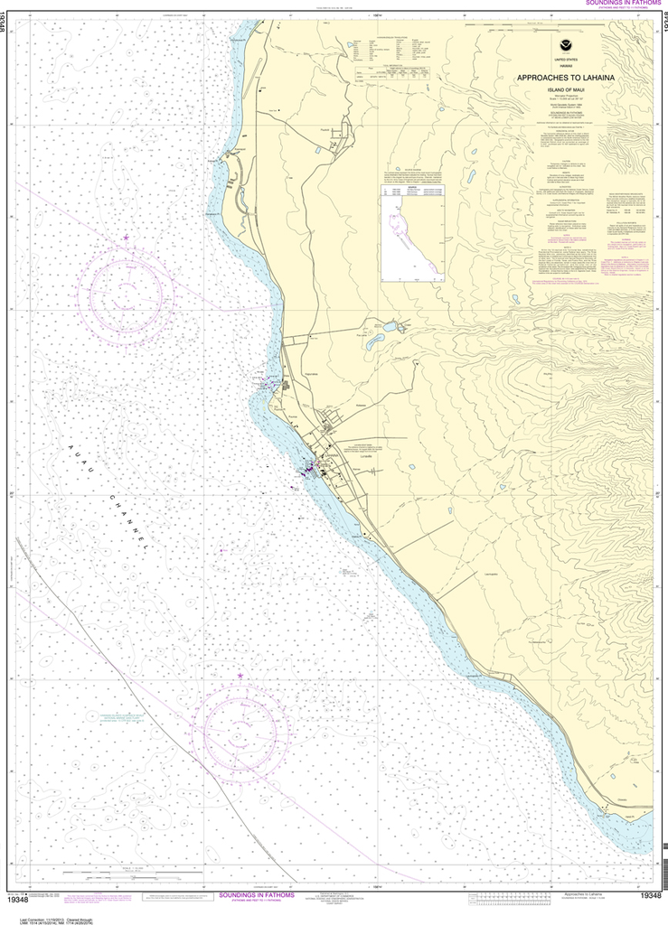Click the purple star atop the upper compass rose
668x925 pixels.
126,238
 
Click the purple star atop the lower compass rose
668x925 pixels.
240,675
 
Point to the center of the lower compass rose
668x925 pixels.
246,728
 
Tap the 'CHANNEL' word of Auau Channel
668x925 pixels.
127,512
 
